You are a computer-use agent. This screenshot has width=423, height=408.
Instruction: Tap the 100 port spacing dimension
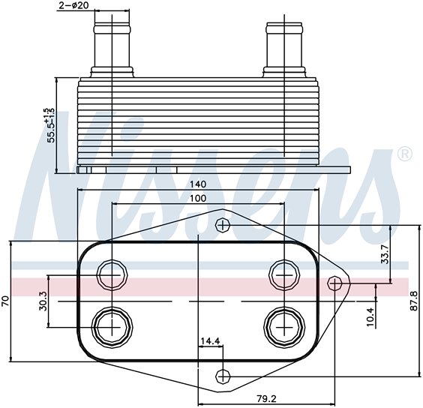(x=198, y=198)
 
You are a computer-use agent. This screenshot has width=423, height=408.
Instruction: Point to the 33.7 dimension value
(x=385, y=254)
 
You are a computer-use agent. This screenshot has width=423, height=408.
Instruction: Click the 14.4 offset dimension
(x=209, y=341)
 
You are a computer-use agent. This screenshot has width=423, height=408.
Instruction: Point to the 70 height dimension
(x=6, y=301)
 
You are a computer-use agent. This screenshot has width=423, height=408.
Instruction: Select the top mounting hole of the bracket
(x=222, y=224)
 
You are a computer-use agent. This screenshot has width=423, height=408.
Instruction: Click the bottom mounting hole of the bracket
(x=222, y=375)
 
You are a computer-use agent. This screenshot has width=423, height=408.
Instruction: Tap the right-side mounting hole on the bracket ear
(x=335, y=282)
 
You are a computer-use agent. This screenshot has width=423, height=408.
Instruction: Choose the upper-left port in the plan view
(x=112, y=276)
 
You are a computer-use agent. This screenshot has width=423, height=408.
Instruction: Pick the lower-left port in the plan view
(x=112, y=326)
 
